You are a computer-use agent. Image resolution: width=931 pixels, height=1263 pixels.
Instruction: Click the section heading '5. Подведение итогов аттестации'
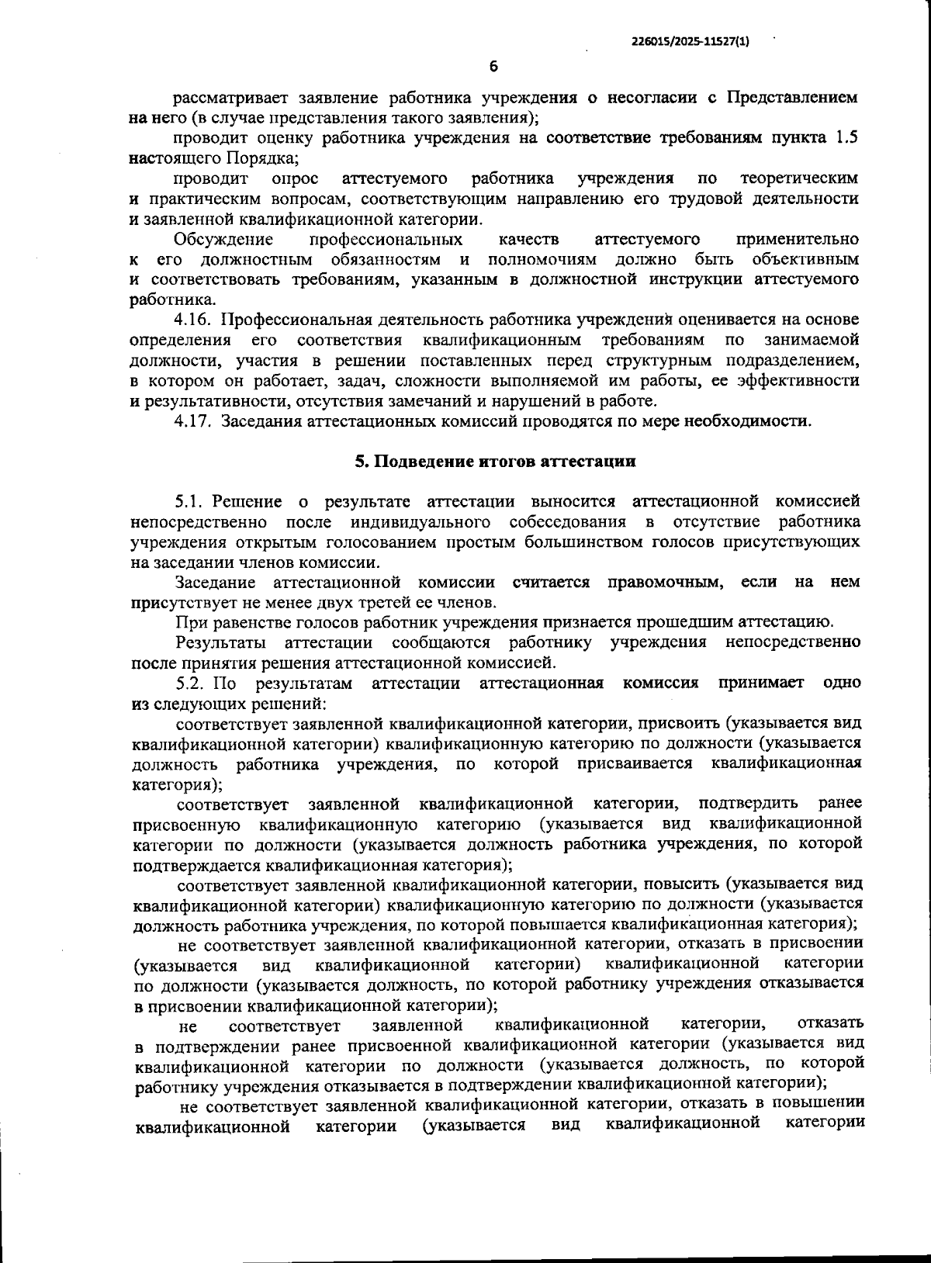click(495, 462)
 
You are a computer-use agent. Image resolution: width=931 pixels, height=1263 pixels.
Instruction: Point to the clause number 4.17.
click(193, 421)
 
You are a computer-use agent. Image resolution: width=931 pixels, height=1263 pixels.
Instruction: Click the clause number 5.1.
click(189, 502)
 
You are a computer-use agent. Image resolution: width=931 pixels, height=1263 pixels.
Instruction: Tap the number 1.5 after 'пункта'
click(846, 138)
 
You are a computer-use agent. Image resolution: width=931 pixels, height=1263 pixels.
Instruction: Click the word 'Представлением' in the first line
click(793, 98)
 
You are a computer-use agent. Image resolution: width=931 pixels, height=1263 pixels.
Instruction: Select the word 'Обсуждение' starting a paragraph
click(223, 239)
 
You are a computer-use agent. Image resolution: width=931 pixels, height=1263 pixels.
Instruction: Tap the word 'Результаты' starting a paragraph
click(220, 643)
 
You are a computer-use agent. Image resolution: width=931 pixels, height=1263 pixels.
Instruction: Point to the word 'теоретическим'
click(800, 178)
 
